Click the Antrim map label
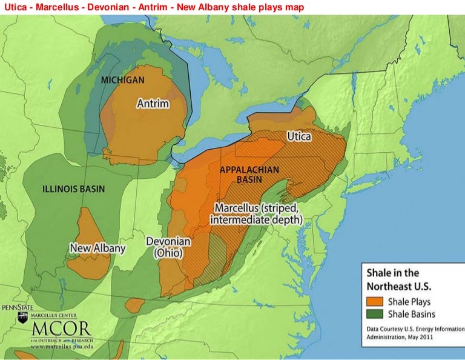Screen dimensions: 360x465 click(x=153, y=104)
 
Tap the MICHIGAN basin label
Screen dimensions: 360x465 click(x=122, y=80)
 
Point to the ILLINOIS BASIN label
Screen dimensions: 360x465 click(x=73, y=188)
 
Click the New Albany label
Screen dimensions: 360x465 click(x=97, y=248)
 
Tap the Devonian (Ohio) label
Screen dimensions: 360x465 click(x=168, y=247)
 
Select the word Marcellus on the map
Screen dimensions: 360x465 click(x=237, y=208)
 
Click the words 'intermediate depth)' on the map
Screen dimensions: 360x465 click(x=256, y=220)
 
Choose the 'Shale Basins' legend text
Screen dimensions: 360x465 click(x=412, y=314)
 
